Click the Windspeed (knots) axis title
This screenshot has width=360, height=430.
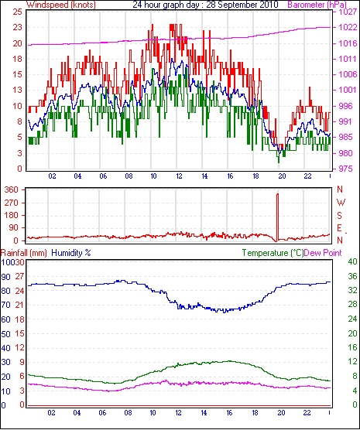pos(61,5)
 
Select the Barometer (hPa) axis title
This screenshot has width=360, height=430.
pos(317,5)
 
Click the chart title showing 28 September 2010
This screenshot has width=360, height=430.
pos(205,5)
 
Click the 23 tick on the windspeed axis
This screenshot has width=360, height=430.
pos(17,28)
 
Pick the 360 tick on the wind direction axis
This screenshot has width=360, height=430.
pos(12,189)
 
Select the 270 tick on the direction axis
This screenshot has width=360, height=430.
pos(12,203)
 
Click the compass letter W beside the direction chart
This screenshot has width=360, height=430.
pos(341,203)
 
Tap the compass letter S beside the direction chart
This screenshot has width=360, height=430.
pos(340,216)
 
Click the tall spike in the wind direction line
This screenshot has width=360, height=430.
pos(277,217)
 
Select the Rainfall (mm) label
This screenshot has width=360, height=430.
pos(24,253)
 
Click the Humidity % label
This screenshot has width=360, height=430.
pos(71,253)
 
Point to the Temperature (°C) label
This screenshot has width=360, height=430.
pos(273,253)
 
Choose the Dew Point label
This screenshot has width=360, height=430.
pos(323,253)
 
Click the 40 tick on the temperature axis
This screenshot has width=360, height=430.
pos(352,261)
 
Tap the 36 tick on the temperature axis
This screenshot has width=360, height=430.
pos(352,276)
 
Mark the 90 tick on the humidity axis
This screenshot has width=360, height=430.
pos(5,277)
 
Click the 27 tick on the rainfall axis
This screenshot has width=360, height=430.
pos(19,276)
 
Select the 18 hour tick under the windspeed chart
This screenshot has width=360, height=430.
pos(255,176)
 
